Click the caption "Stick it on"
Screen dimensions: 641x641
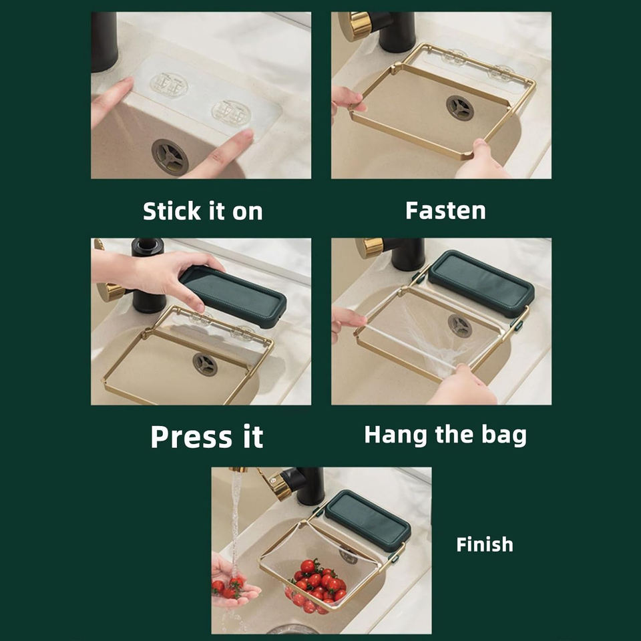(x=203, y=211)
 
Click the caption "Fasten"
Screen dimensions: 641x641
(x=445, y=210)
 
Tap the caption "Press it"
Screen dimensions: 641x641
(x=207, y=437)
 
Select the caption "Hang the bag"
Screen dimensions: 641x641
(x=445, y=435)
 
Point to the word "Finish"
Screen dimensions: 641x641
(x=485, y=545)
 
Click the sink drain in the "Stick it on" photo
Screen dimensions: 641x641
(x=170, y=157)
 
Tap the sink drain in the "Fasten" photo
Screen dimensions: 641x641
(x=460, y=108)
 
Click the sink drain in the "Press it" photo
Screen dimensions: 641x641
(x=205, y=365)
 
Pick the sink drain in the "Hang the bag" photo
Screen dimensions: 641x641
(x=460, y=326)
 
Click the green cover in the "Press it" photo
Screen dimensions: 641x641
(x=234, y=296)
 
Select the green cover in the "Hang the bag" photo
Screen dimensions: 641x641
(x=481, y=283)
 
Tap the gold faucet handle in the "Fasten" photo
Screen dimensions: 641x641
(x=355, y=26)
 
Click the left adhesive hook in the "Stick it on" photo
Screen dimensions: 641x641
(x=169, y=85)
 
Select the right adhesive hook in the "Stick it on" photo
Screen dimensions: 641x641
(x=231, y=112)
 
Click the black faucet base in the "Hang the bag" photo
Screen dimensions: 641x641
(x=408, y=254)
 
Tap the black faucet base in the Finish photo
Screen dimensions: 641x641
(x=310, y=485)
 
